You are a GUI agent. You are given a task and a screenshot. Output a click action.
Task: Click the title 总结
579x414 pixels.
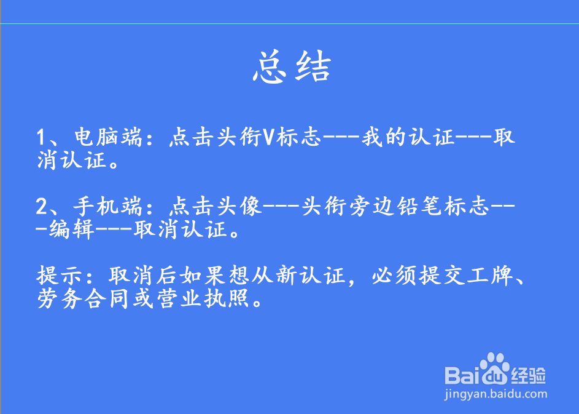(x=292, y=68)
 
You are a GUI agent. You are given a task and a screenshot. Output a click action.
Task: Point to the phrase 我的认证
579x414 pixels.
(x=408, y=137)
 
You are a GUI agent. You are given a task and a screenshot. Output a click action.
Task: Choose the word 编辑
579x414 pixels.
(x=72, y=231)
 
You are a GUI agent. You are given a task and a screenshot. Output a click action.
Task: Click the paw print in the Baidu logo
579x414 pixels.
(x=494, y=368)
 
